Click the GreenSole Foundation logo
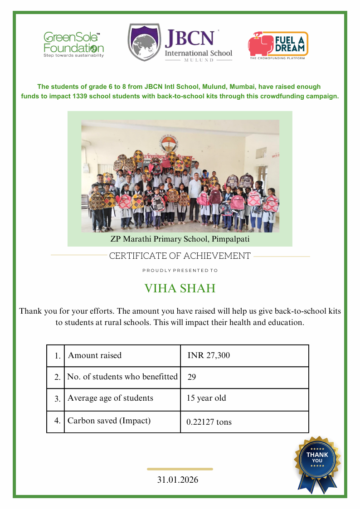(73, 44)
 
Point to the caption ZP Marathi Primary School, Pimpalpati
(180, 239)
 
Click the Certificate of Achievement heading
(180, 256)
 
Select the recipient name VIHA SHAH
(180, 289)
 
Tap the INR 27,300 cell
(209, 355)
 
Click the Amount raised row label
(95, 355)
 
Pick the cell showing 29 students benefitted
(192, 377)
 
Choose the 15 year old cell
(206, 398)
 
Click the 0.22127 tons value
(209, 422)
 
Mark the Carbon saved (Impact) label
(109, 421)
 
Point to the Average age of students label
(110, 398)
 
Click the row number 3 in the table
(57, 399)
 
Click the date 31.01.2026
(178, 480)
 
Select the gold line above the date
(180, 469)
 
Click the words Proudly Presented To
(180, 271)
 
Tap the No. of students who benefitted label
(122, 377)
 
